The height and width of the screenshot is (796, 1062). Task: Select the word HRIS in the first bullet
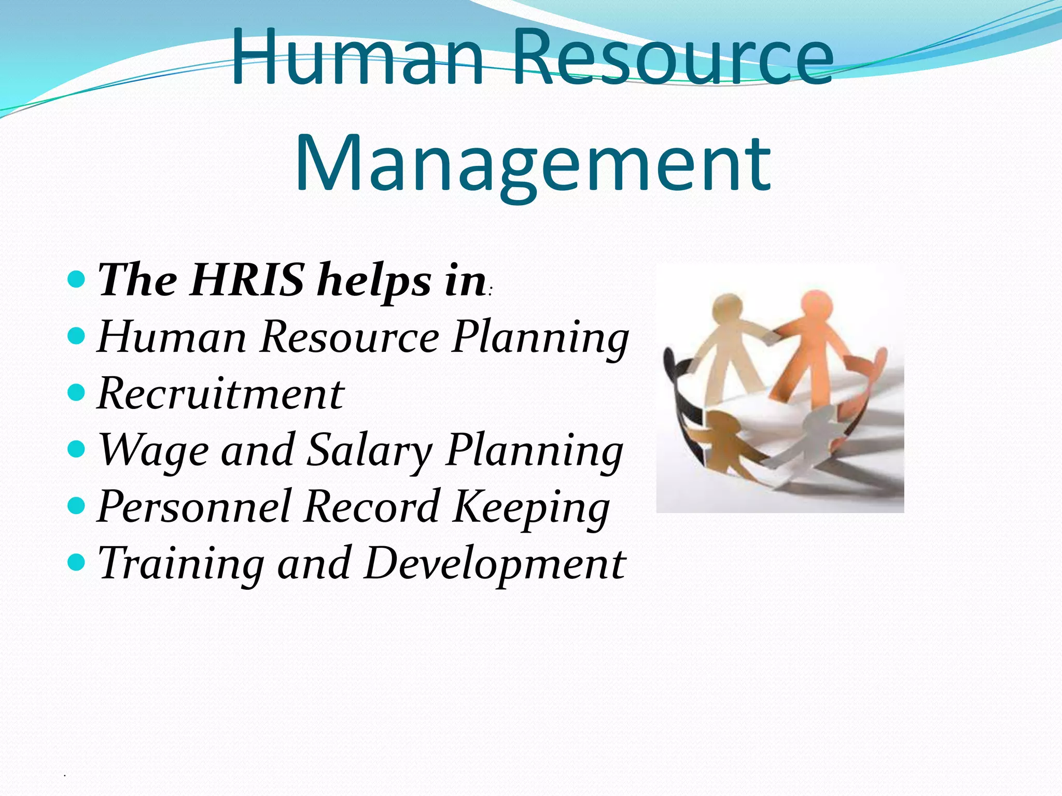pyautogui.click(x=247, y=280)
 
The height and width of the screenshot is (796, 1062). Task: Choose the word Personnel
pyautogui.click(x=194, y=507)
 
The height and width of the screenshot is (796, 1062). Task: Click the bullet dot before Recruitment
pyautogui.click(x=76, y=392)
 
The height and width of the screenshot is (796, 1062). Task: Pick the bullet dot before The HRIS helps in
pyautogui.click(x=76, y=279)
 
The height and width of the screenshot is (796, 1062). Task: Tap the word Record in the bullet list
pyautogui.click(x=371, y=507)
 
